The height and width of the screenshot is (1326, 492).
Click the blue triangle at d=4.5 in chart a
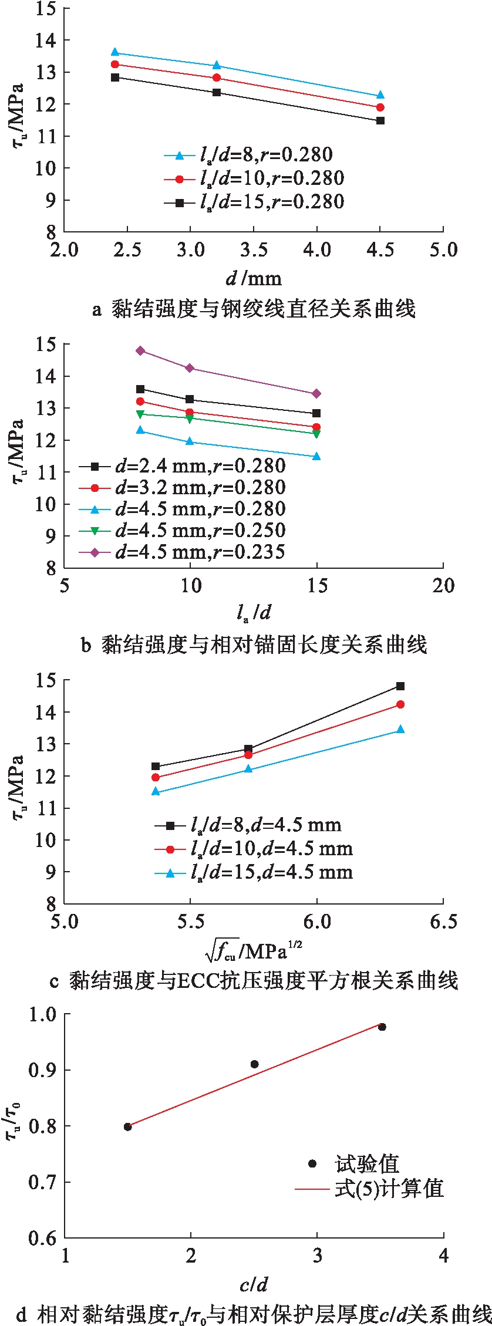pos(380,95)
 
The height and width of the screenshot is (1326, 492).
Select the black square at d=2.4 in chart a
pos(115,77)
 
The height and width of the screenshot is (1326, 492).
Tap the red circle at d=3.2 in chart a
pos(217,78)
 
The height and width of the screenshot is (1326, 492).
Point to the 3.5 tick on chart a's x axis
pos(254,250)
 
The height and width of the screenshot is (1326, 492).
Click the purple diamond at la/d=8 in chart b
pos(140,351)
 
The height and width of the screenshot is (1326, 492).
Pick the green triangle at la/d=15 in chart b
pos(316,434)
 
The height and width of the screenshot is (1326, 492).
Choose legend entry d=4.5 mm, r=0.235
pos(182,552)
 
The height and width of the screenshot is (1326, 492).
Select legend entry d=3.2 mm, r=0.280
pos(182,488)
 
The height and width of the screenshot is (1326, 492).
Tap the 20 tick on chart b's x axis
pos(443,586)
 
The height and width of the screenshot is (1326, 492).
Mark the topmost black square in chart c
pos(400,686)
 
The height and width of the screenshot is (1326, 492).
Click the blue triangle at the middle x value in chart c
pos(248,769)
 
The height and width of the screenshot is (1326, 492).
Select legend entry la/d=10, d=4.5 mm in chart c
pos(254,849)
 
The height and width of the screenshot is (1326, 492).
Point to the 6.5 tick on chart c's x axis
pos(443,922)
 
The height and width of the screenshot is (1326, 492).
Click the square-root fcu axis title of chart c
pos(254,950)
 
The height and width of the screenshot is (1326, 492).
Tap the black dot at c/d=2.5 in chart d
pos(254,1064)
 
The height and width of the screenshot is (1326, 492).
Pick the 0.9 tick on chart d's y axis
pos(43,1070)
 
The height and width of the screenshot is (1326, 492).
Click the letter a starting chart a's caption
pos(97,309)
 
